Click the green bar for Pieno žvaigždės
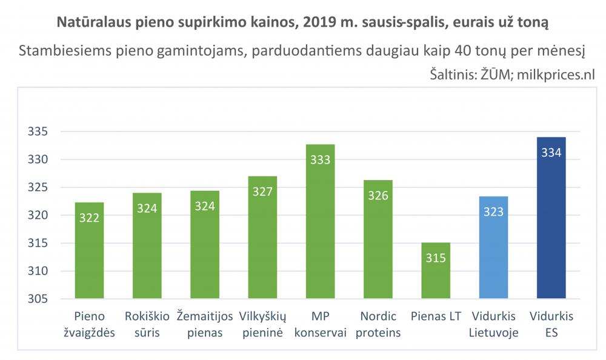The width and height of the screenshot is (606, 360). tap(89, 250)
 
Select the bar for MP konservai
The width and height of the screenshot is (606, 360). tap(321, 221)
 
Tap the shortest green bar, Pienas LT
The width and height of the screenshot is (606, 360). tap(436, 270)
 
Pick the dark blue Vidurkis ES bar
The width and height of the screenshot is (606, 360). tap(551, 218)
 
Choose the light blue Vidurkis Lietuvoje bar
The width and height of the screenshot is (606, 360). tap(493, 247)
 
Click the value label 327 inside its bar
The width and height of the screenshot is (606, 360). tap(262, 192)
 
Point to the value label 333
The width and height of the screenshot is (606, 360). tap(321, 160)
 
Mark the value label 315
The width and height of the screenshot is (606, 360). tap(436, 258)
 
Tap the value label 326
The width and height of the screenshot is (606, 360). tap(378, 195)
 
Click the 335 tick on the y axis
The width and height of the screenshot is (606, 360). tap(38, 132)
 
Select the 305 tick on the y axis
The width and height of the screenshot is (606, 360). tap(38, 299)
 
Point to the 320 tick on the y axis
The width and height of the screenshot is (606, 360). tap(38, 215)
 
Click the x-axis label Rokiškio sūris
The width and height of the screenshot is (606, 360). tap(147, 324)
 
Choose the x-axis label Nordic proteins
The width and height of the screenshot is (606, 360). tap(378, 324)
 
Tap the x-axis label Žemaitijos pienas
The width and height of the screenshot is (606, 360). tap(205, 324)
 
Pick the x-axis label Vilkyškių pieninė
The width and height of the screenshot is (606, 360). tap(262, 324)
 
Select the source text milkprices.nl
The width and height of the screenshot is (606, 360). tap(556, 75)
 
